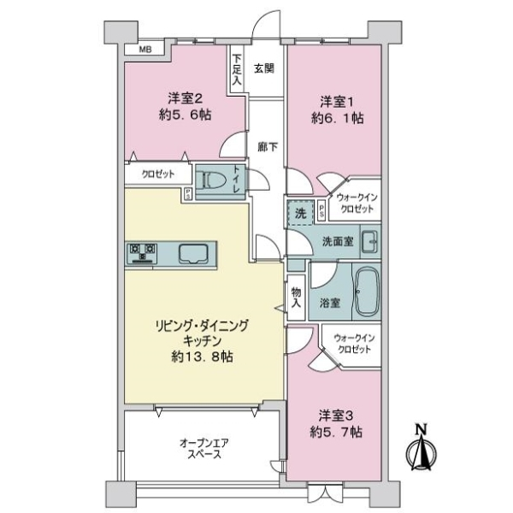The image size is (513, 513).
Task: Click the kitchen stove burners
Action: (x=143, y=252)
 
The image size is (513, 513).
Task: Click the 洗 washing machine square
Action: (x=300, y=212)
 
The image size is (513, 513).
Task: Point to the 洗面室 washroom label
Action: (x=337, y=242)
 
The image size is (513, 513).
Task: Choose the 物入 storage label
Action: (x=297, y=295)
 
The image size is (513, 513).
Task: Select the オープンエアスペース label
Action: (x=202, y=449)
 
